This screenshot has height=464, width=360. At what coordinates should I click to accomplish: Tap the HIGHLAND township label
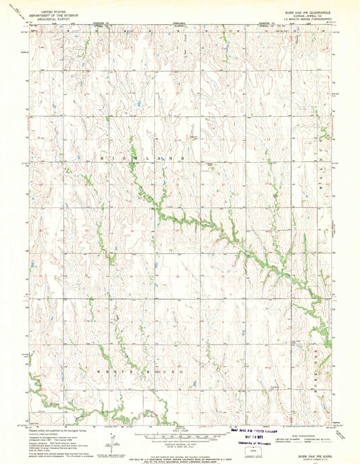[143, 157]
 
